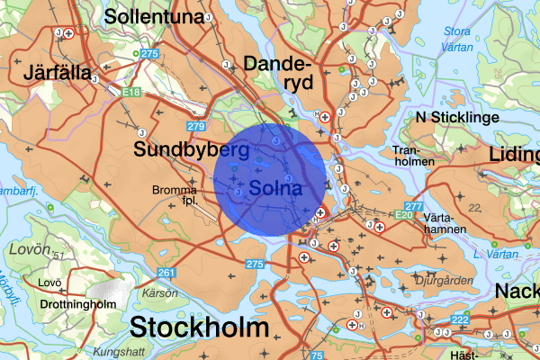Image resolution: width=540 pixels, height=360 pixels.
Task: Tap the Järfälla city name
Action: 59,72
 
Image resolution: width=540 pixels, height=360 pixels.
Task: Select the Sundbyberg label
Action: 191,149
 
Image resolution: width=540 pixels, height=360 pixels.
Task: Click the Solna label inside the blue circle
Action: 275,189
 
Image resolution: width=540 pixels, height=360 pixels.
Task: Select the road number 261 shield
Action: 166,273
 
